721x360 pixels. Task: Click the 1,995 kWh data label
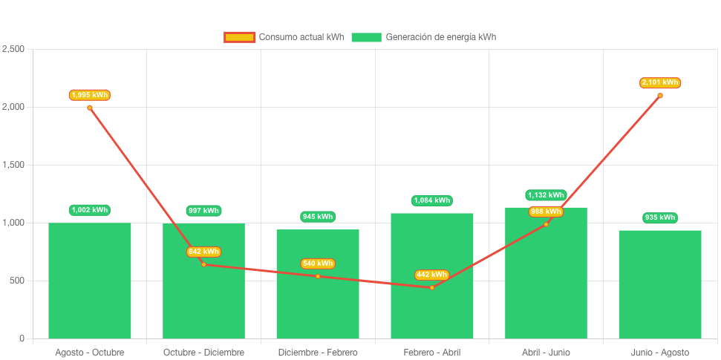90,95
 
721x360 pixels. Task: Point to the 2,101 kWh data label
660,82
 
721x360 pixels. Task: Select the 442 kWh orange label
431,275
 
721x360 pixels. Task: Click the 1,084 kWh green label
432,200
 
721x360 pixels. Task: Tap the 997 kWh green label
203,211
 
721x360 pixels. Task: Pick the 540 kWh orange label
318,264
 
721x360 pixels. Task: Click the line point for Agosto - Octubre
90,108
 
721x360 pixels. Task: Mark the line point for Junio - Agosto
660,95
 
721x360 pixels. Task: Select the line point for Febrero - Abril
432,287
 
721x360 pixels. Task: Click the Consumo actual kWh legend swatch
240,37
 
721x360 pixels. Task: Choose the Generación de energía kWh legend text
441,37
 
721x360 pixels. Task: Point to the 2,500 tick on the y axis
13,49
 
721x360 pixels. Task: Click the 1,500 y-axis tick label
13,165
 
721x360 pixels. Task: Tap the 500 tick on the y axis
17,281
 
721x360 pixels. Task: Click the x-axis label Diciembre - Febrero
318,352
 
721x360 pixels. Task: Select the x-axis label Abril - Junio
546,352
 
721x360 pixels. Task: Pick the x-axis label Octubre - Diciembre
203,352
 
